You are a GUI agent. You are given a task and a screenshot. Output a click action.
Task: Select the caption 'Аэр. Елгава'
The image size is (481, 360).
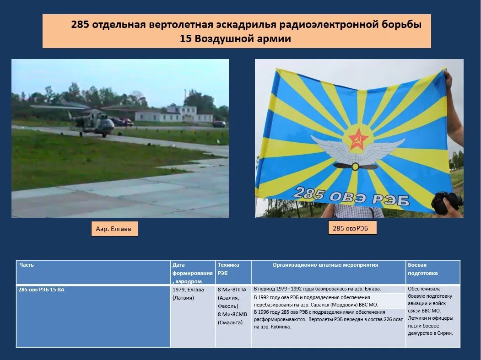pos(114,229)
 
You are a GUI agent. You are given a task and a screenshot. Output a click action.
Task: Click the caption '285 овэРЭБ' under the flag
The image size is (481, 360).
pos(352,228)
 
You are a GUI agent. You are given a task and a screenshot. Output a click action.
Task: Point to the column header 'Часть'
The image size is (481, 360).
pos(27,265)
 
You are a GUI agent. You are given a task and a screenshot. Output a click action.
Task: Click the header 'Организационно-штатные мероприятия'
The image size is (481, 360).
pos(325,265)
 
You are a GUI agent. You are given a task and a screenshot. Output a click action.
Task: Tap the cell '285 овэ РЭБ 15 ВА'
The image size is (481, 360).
pos(42,290)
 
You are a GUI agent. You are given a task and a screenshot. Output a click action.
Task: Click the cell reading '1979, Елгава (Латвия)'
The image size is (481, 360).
pos(188,293)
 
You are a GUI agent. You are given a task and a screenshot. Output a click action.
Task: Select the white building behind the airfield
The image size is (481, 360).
pos(174,114)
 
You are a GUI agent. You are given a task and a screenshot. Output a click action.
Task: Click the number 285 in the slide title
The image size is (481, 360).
pos(80,24)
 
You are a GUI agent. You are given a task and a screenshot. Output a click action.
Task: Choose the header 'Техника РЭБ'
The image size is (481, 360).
pos(228,269)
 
